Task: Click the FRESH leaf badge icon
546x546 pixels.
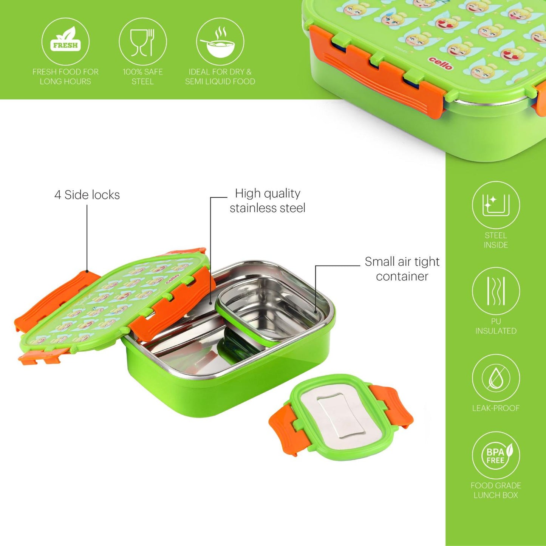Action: click(x=65, y=41)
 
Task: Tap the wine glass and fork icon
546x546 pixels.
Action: click(x=142, y=41)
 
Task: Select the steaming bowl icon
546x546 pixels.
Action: click(x=220, y=41)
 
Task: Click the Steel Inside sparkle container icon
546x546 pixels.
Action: click(x=496, y=205)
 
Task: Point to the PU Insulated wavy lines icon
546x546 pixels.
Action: click(x=496, y=291)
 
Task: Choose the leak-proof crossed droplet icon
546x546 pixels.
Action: click(x=496, y=378)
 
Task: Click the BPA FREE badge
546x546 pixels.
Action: click(x=496, y=455)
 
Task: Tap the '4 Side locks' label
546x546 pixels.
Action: click(x=87, y=195)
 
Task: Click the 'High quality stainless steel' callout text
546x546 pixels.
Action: click(x=268, y=201)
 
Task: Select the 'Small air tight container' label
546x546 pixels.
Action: click(x=402, y=269)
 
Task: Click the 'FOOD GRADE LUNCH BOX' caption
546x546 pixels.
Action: click(x=496, y=490)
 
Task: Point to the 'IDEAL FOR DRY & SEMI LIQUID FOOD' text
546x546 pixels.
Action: click(x=220, y=76)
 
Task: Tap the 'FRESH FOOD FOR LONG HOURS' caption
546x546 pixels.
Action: click(x=65, y=76)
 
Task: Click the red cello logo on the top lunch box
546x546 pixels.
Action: click(x=441, y=63)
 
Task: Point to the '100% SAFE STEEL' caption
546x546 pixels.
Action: click(x=142, y=76)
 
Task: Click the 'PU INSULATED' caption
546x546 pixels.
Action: click(x=496, y=326)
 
